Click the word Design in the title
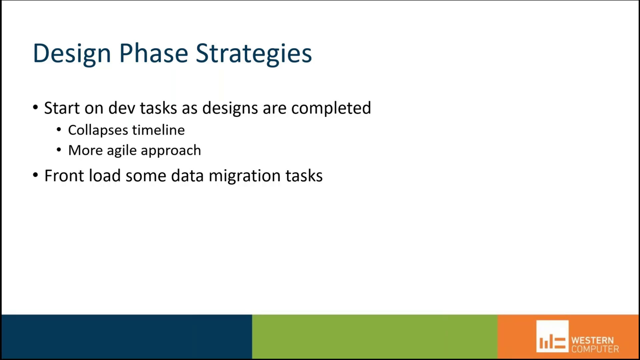(x=72, y=53)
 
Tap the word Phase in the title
(x=154, y=53)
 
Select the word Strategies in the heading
(x=254, y=53)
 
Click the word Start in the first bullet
(x=62, y=108)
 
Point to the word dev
(x=121, y=108)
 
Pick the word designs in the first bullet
(x=230, y=108)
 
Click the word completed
(x=331, y=108)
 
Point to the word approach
(x=171, y=151)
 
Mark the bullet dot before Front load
(x=36, y=175)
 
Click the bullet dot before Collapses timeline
(x=59, y=129)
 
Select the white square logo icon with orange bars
(x=552, y=336)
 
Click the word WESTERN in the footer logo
(x=592, y=340)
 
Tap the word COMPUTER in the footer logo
(x=595, y=349)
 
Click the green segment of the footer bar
(x=374, y=336)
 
